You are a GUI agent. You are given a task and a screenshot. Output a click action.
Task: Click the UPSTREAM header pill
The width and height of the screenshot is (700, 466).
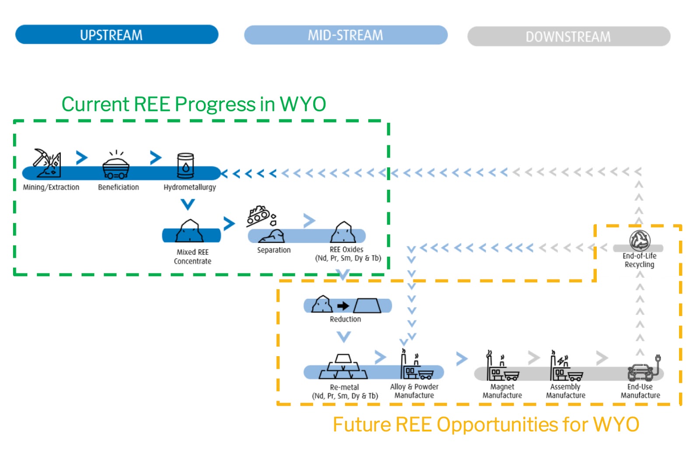point(116,35)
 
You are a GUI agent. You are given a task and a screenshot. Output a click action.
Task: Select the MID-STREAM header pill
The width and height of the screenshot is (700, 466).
point(346,35)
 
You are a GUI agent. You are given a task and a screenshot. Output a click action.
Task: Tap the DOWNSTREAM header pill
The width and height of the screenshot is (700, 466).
point(568,37)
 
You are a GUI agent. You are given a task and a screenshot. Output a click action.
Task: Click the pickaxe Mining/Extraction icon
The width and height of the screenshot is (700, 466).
point(47,163)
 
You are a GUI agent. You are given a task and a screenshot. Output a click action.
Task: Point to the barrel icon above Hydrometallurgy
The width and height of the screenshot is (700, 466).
point(185,165)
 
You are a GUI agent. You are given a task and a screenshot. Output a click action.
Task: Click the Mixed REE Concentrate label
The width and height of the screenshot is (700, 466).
point(192,257)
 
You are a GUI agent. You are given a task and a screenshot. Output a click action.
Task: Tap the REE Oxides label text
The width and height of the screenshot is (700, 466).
point(347,250)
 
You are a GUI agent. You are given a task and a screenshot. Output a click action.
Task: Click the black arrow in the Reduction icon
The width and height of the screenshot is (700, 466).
point(343,305)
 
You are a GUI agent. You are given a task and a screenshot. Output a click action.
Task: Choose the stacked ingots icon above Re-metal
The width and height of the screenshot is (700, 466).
point(343,368)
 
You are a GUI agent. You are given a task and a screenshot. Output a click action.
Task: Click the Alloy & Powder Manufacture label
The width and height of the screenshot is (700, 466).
point(414,391)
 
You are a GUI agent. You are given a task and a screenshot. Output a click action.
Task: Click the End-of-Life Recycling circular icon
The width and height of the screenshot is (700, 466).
point(640,240)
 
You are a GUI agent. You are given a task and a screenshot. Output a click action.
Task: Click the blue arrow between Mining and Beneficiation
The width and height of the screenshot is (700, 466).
point(81,158)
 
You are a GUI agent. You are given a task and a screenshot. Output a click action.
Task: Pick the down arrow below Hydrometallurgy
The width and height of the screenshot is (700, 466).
point(188,204)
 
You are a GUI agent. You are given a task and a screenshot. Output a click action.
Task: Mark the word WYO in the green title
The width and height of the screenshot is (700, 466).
point(303,105)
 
